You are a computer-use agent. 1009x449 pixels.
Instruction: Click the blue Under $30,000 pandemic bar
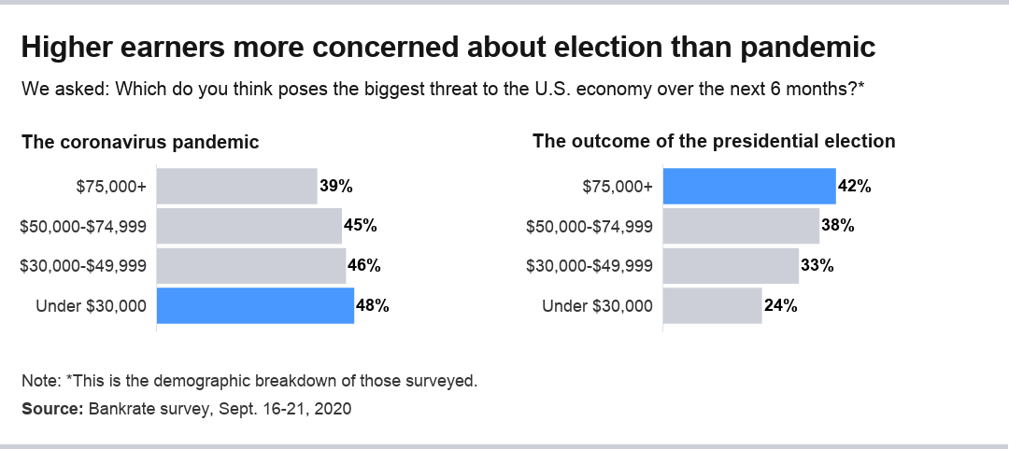[255, 305]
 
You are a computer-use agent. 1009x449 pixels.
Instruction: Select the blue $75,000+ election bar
[749, 186]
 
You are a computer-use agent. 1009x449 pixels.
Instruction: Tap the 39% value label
[335, 186]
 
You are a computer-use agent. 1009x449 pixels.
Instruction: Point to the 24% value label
[780, 305]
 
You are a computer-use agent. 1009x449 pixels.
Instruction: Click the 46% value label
[363, 265]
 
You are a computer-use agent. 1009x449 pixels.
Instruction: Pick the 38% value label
[838, 225]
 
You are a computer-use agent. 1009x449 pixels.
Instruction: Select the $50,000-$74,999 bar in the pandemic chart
[249, 226]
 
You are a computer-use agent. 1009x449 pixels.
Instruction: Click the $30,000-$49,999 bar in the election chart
[731, 265]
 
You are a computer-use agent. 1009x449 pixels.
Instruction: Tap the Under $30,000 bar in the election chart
[712, 305]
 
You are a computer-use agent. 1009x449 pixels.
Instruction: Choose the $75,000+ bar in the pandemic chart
[236, 186]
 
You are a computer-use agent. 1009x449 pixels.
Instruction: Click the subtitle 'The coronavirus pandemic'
[140, 143]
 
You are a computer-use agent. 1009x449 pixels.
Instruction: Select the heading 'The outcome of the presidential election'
[714, 141]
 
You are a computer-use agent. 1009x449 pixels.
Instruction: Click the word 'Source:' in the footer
[52, 409]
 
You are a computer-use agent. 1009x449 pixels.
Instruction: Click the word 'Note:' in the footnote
[41, 381]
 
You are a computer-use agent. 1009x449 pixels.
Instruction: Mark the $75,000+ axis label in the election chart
[618, 186]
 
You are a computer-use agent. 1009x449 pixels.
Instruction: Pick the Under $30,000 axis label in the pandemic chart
[91, 305]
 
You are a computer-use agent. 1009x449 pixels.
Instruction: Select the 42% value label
[855, 186]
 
